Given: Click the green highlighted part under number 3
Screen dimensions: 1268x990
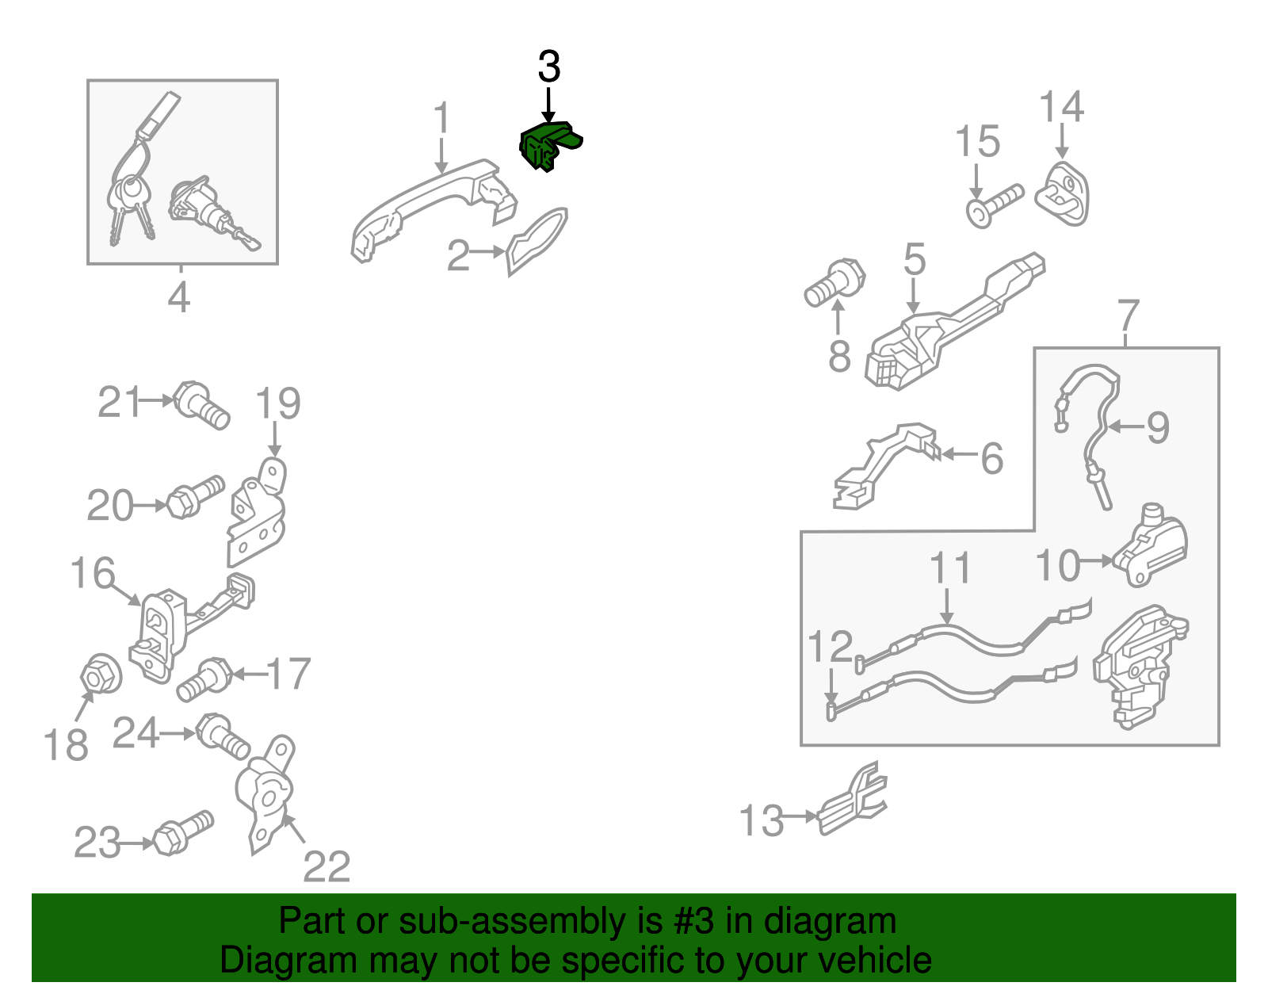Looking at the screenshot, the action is coord(548,146).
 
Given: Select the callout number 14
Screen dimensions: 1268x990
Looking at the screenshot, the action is coord(1061,107).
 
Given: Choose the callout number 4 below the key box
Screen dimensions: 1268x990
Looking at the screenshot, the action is coord(179,296).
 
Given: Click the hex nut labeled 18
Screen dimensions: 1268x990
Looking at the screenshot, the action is coord(101,674).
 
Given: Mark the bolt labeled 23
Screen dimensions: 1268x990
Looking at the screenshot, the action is coord(182,832).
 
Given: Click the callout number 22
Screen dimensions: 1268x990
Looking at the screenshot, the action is coord(327,867).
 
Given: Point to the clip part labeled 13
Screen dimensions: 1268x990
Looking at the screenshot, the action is coord(852,799).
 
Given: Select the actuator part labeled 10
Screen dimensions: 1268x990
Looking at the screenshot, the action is coord(1150,545).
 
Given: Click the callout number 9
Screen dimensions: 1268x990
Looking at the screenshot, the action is coord(1158,427).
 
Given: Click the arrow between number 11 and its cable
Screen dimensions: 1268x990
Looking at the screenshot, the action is coord(947,606).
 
